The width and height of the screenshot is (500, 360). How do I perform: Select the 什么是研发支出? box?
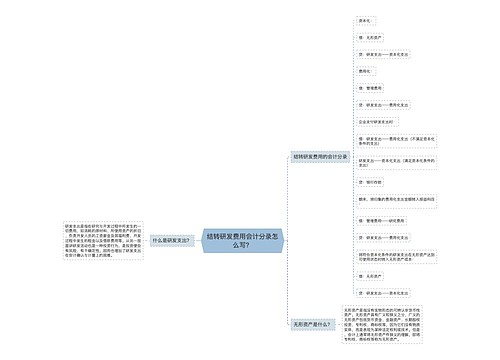[170, 241]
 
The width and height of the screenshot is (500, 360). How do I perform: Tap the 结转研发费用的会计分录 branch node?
[320, 156]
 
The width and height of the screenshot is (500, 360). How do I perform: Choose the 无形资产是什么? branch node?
[311, 324]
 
